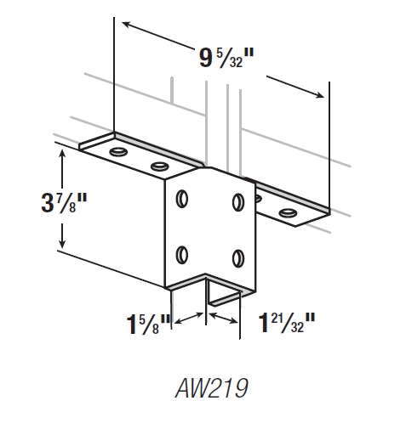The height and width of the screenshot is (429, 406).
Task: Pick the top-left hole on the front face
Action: (181, 199)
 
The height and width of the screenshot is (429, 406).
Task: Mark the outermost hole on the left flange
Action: (117, 152)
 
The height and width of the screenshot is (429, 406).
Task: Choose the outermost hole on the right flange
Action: (289, 211)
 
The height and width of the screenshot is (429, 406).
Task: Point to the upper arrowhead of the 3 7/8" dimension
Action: (60, 150)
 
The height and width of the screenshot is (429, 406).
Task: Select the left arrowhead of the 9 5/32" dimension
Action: (123, 25)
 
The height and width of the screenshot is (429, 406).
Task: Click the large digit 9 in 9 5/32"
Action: (205, 59)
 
